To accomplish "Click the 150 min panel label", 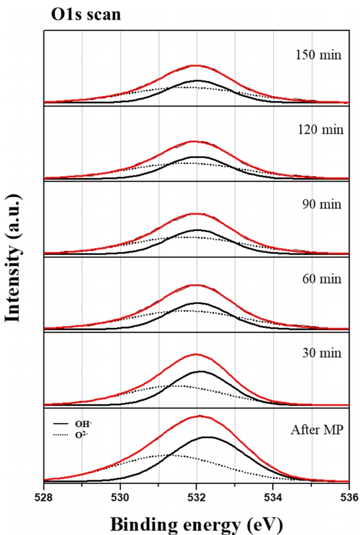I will pyautogui.click(x=315, y=56).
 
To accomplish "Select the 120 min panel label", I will pyautogui.click(x=315, y=131).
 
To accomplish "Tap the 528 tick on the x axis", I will pyautogui.click(x=44, y=493).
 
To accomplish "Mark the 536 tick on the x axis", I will pyautogui.click(x=348, y=493).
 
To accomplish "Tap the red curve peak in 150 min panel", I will pyautogui.click(x=195, y=66).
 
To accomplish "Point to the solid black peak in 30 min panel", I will pyautogui.click(x=200, y=372).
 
